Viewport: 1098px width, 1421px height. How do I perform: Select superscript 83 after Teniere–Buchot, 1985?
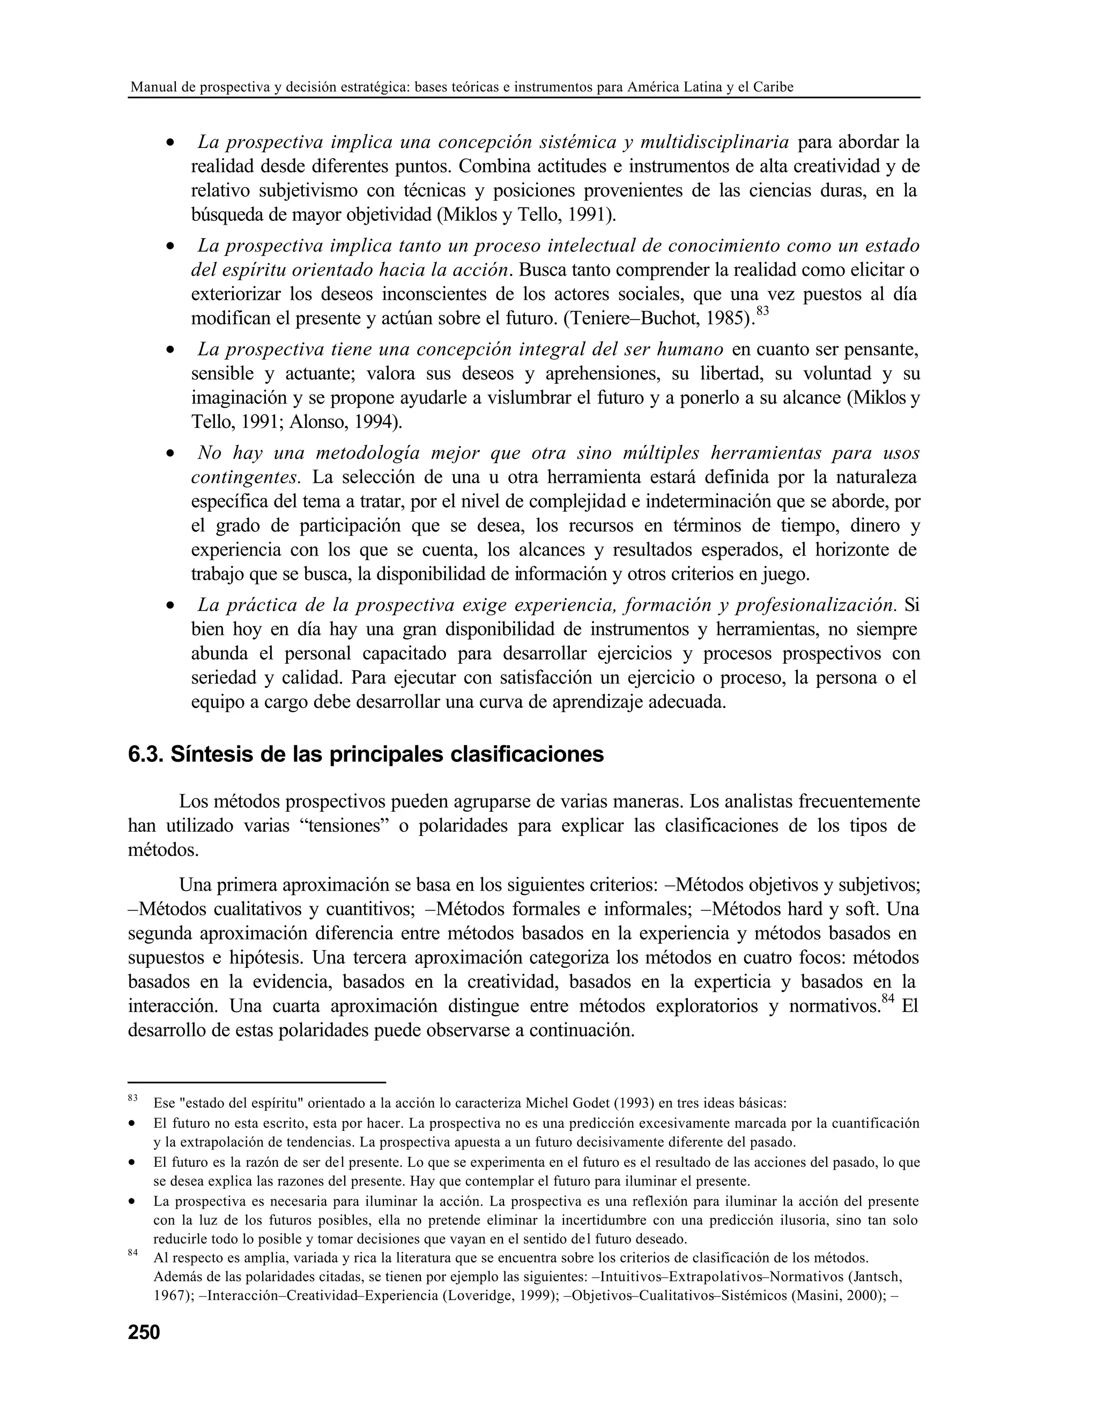tap(762, 311)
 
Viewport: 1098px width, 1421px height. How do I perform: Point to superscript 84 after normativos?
tap(888, 999)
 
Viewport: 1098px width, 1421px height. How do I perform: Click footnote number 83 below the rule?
tap(133, 1098)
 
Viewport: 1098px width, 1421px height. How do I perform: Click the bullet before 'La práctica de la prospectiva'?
tap(170, 606)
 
